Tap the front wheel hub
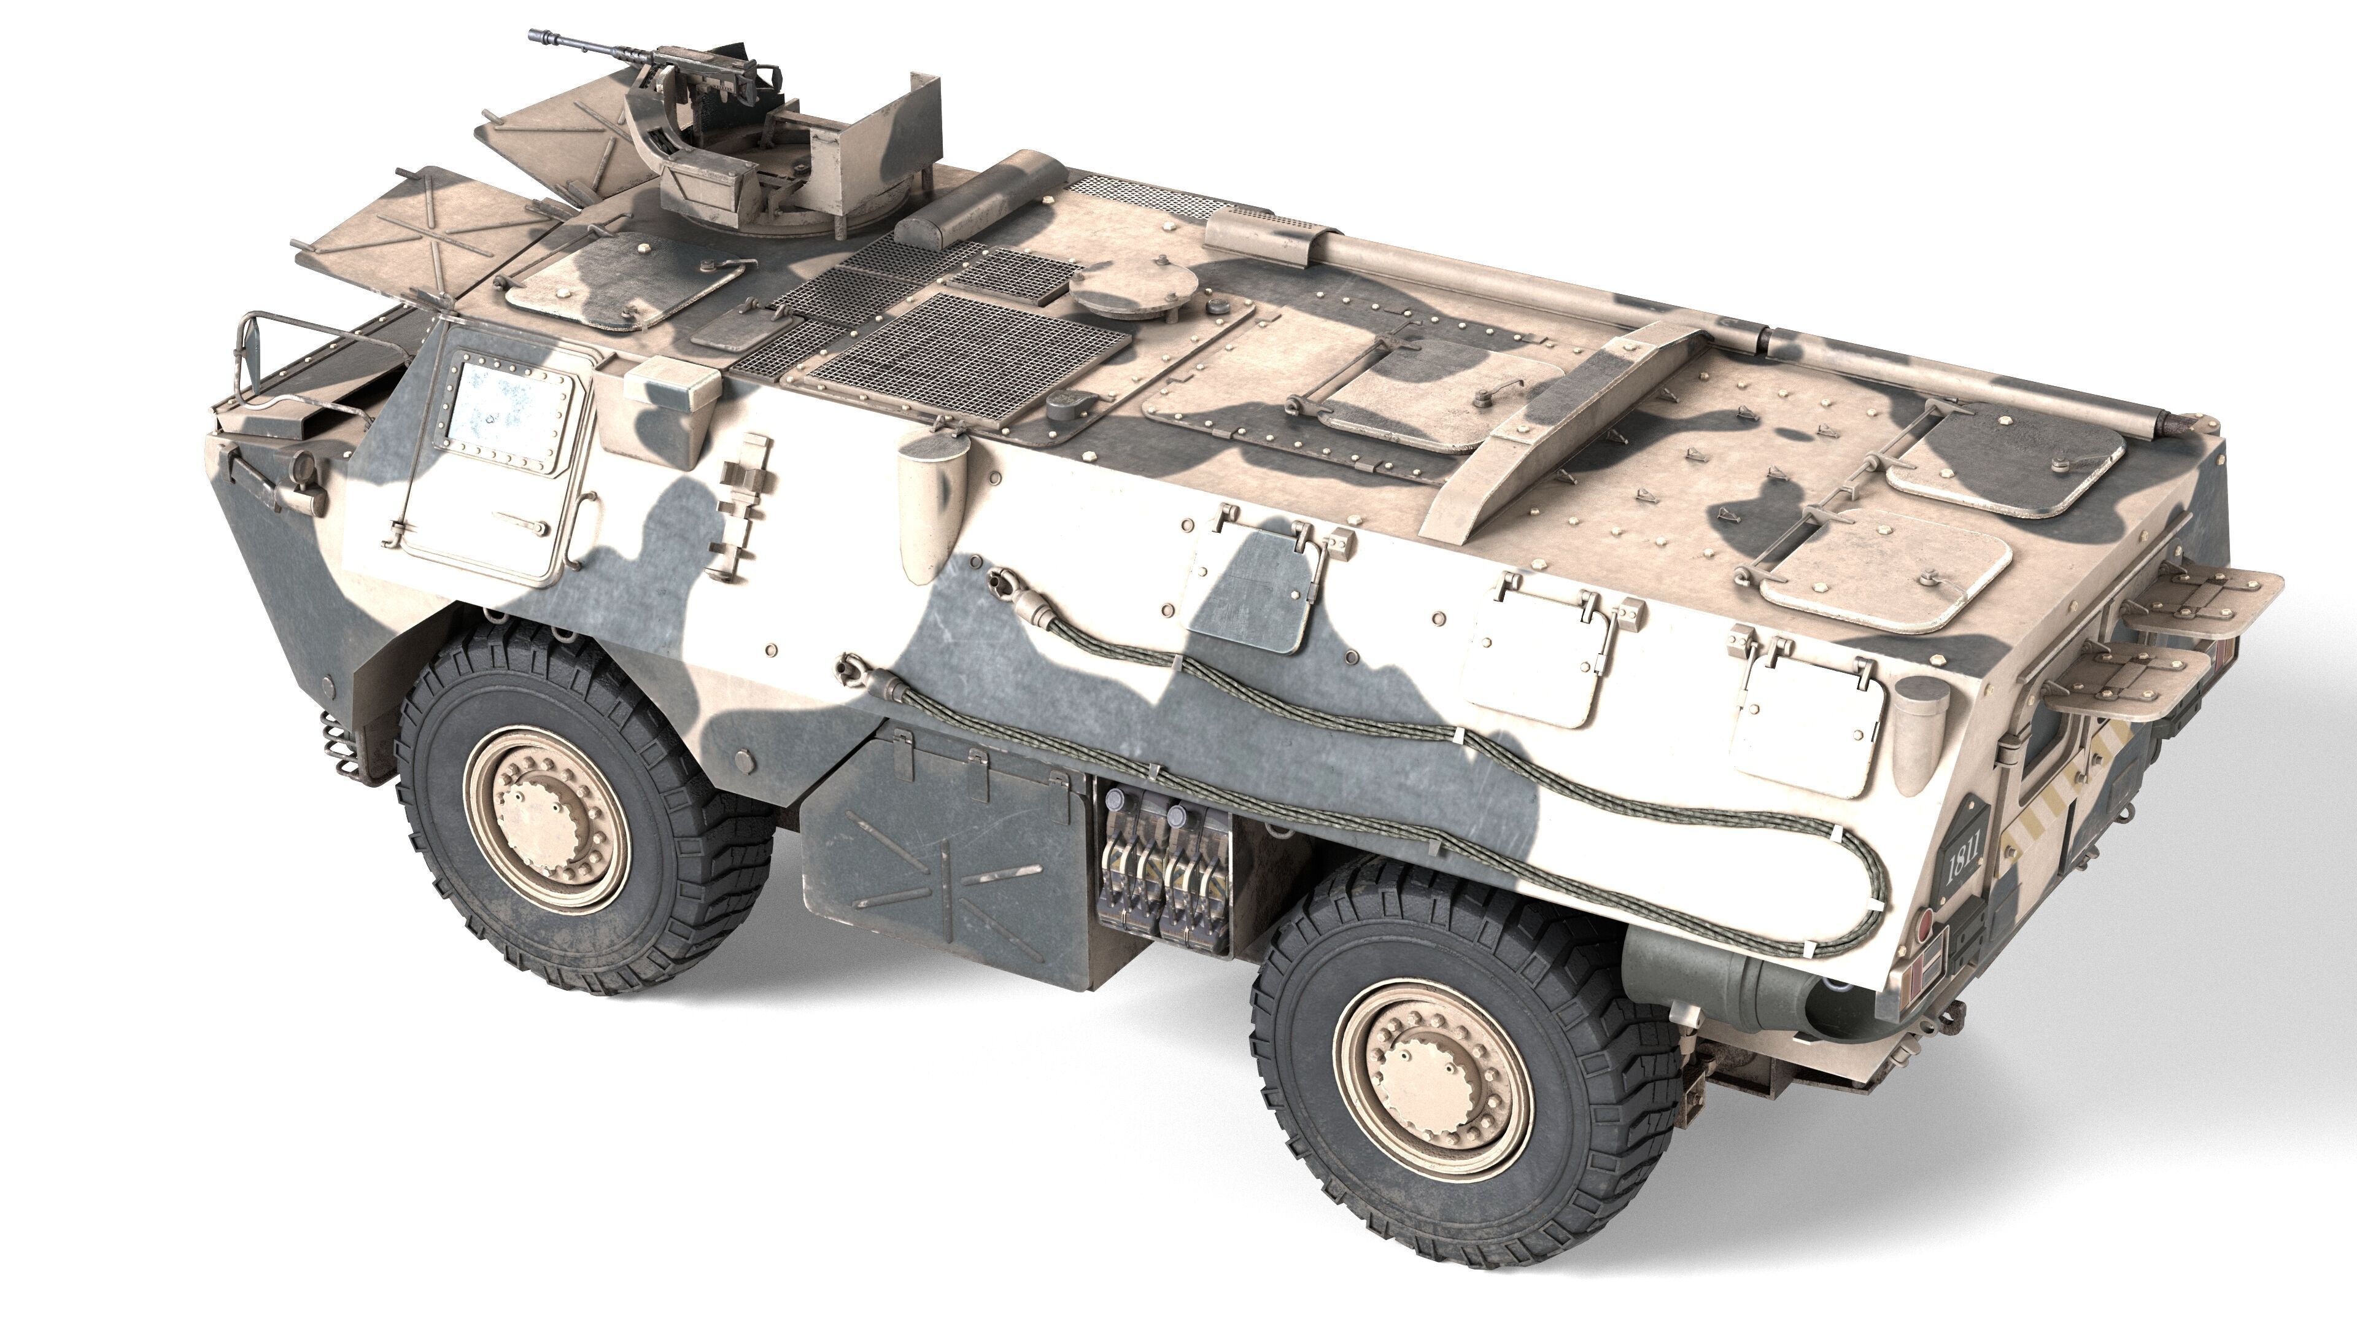(x=546, y=819)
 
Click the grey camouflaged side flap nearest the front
(x=1251, y=589)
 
